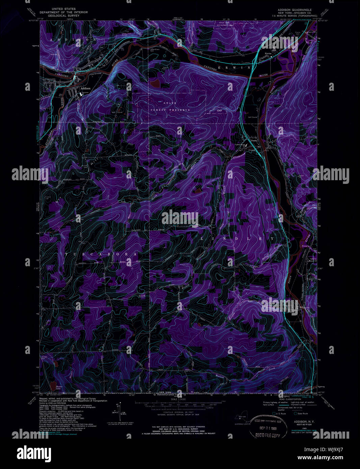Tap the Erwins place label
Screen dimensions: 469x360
click(268, 53)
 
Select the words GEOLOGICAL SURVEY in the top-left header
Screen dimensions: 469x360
click(63, 16)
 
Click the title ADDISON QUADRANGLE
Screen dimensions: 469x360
click(293, 9)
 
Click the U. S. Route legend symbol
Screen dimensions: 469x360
click(274, 413)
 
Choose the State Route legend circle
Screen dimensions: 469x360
click(295, 413)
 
